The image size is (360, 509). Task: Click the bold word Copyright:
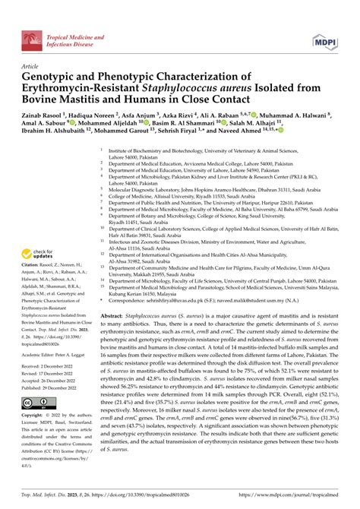[36, 416]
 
